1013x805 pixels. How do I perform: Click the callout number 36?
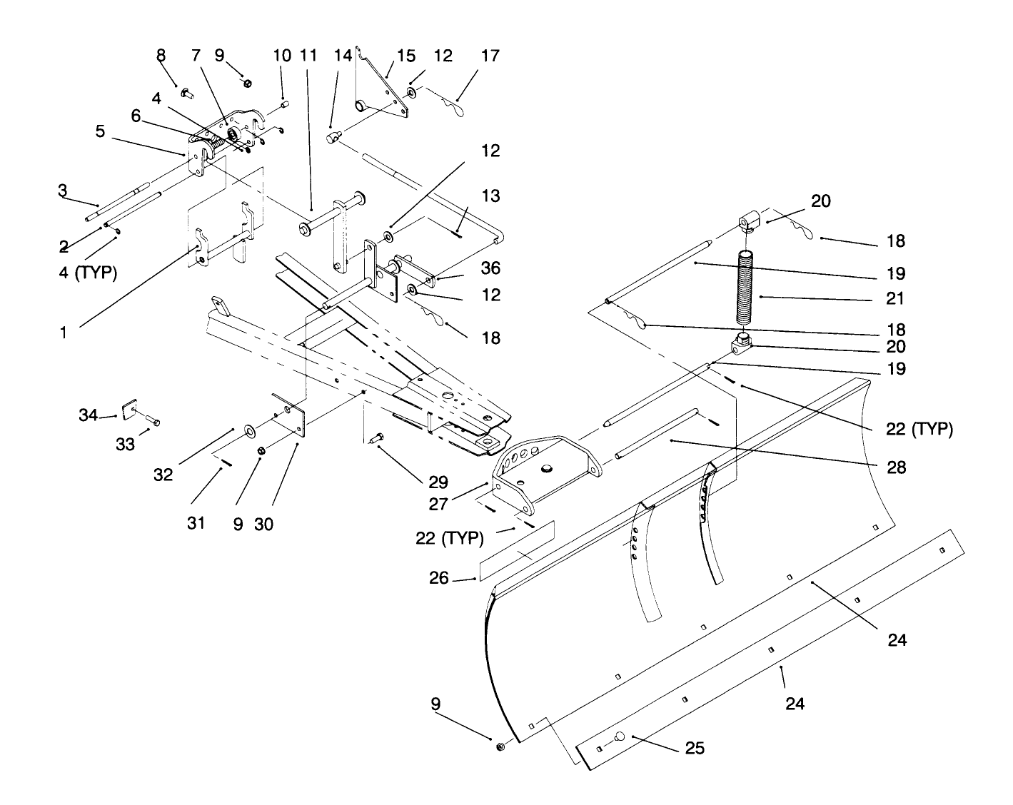pos(490,268)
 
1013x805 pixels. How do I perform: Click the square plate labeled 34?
pos(129,410)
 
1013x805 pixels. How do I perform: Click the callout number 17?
pos(490,56)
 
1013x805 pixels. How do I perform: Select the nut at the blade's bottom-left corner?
pos(500,746)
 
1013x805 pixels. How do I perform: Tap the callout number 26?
pos(439,577)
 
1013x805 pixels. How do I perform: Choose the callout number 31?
pos(196,523)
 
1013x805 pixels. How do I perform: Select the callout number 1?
pos(63,332)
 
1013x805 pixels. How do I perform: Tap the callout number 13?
pos(490,196)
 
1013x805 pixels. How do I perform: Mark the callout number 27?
pos(439,504)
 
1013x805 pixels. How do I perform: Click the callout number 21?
pos(895,298)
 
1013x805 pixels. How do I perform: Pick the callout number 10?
pos(282,56)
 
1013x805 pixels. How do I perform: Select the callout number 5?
pos(99,131)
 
